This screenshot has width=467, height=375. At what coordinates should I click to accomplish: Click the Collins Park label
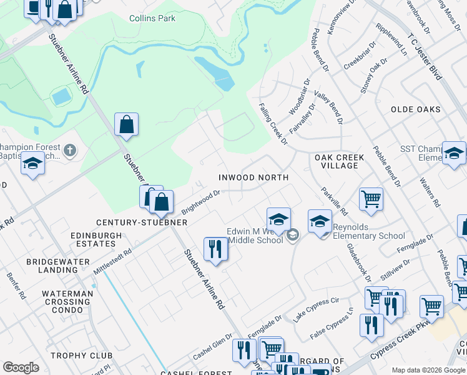[x=152, y=19]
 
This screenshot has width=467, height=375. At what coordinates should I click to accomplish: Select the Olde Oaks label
[x=416, y=109]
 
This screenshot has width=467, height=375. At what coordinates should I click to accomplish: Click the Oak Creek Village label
[x=337, y=161]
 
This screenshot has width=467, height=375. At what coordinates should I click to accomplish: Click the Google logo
[x=21, y=367]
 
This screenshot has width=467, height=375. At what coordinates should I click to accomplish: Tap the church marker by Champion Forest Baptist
[x=70, y=150]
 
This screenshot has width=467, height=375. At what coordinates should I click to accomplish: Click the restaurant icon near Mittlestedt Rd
[x=215, y=248]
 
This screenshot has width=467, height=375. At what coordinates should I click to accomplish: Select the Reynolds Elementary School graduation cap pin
[x=320, y=221]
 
